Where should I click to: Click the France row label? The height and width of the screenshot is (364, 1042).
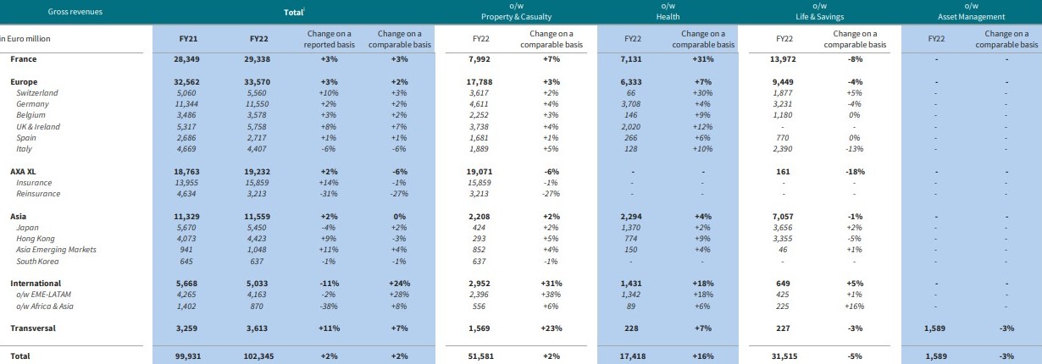click(24, 59)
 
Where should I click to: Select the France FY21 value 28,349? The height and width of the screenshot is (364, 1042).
click(184, 59)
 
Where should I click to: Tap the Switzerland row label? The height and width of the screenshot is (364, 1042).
click(38, 92)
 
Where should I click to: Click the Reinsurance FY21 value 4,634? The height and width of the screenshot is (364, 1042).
click(184, 193)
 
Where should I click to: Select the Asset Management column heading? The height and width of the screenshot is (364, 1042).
click(971, 16)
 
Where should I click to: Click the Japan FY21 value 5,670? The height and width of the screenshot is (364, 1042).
click(184, 227)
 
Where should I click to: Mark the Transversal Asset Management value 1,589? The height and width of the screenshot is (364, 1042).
click(936, 328)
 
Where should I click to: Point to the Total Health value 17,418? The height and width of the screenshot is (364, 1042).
click(633, 356)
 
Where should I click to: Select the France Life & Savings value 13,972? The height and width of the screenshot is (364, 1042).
click(784, 59)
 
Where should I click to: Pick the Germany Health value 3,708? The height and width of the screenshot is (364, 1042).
click(633, 104)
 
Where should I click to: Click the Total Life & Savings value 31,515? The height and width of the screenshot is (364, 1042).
click(784, 356)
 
